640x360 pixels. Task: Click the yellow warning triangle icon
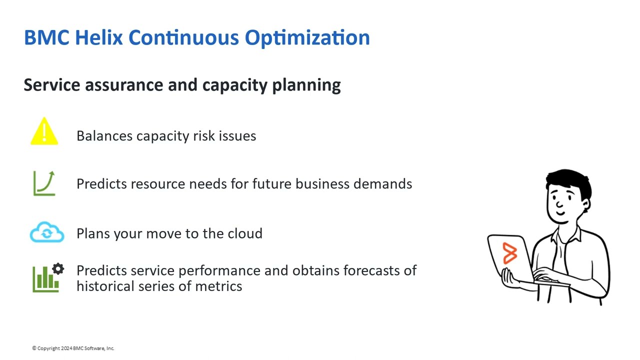tap(44, 132)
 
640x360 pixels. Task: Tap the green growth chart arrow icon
tap(44, 183)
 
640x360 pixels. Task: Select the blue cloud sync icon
tap(47, 233)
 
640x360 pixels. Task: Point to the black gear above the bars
tap(58, 269)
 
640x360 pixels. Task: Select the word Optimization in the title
tap(307, 38)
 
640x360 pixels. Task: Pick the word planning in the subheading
tap(306, 85)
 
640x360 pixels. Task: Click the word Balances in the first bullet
tap(104, 136)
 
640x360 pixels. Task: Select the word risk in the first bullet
tap(203, 136)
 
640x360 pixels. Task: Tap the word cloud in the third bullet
tap(245, 233)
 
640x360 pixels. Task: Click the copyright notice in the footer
tap(73, 348)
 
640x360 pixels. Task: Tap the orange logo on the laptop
tap(509, 253)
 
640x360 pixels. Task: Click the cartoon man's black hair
tap(570, 180)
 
